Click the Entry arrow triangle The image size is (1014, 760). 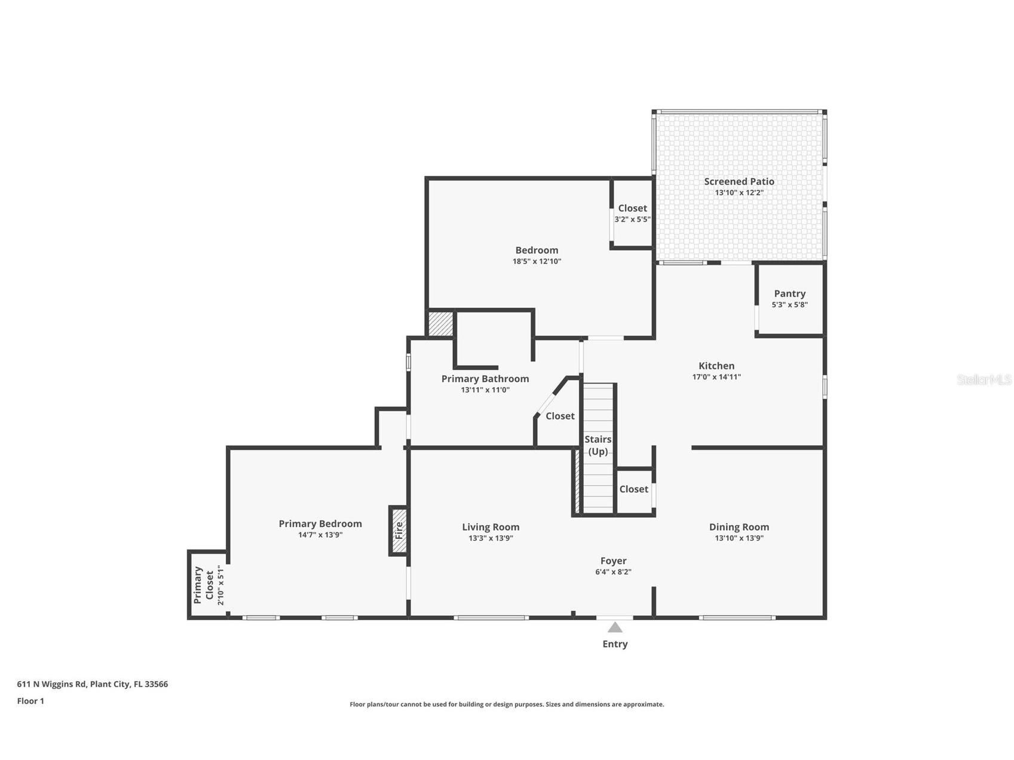[x=615, y=627]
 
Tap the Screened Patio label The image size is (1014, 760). [x=739, y=182]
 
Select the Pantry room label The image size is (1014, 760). [x=789, y=293]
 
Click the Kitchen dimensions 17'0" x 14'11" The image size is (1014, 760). [x=716, y=377]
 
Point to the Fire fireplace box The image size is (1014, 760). [x=399, y=531]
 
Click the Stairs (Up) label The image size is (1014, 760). [x=598, y=445]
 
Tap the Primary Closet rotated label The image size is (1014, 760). [x=204, y=585]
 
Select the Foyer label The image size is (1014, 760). [x=613, y=560]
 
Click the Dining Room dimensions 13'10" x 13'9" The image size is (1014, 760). [x=739, y=538]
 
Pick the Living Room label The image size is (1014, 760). [x=491, y=527]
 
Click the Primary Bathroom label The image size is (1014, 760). [x=485, y=379]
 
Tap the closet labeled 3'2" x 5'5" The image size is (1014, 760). [x=632, y=213]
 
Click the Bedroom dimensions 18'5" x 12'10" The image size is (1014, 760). [x=537, y=261]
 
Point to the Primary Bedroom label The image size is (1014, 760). [x=320, y=523]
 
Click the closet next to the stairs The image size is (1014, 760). [x=633, y=489]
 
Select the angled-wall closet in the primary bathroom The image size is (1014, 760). [x=560, y=416]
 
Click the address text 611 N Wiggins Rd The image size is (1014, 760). [x=92, y=684]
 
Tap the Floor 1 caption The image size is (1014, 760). [x=30, y=701]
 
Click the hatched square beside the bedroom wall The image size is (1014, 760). [x=441, y=323]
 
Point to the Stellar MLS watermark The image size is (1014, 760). [x=984, y=379]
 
